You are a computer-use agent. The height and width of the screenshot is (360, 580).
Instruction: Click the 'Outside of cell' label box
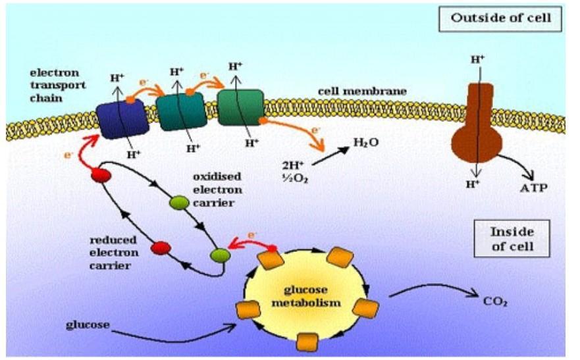(x=501, y=18)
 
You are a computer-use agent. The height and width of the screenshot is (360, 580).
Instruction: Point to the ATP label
(x=533, y=188)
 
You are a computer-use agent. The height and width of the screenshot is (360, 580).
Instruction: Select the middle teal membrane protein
(x=181, y=112)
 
